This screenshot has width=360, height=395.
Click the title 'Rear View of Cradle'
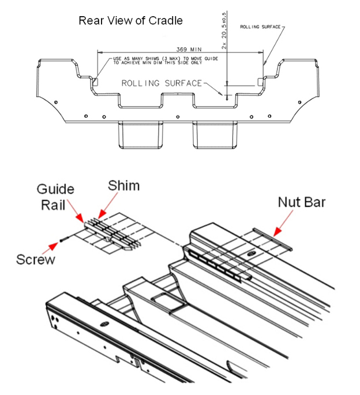(x=130, y=21)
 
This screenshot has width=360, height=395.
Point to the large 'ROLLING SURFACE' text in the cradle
(x=162, y=84)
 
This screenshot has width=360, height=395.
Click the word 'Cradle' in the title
(x=168, y=21)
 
